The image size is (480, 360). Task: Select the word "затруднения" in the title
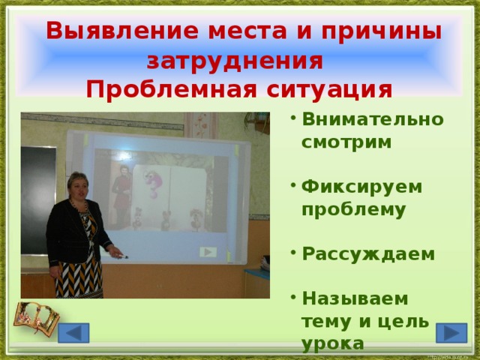(x=235, y=60)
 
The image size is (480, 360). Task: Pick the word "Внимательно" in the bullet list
(x=372, y=119)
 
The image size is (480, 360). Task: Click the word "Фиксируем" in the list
(x=361, y=185)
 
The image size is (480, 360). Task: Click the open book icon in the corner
(x=36, y=319)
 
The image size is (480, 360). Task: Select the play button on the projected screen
(x=207, y=252)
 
